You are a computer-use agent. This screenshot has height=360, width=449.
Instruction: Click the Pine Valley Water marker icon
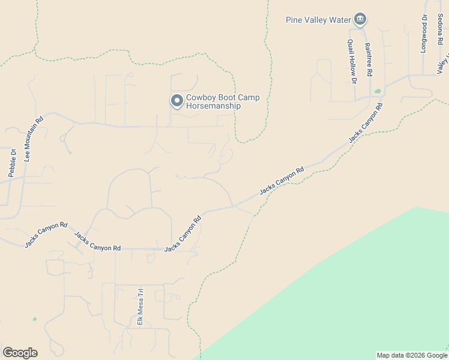(x=360, y=20)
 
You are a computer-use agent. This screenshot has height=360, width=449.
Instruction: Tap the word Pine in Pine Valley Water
(x=294, y=20)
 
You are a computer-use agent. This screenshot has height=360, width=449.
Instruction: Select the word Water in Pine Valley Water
(x=339, y=20)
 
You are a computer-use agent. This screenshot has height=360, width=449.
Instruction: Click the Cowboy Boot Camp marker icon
(x=176, y=101)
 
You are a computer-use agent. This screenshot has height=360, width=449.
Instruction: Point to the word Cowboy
(x=200, y=98)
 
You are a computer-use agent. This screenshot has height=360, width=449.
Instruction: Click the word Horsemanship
(x=213, y=106)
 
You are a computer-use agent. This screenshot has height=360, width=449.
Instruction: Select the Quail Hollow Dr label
(x=352, y=61)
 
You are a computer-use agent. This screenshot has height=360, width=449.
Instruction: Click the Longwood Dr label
(x=423, y=35)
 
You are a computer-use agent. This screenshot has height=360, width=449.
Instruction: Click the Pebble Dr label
(x=11, y=163)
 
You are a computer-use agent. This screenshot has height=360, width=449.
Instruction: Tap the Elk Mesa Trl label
(x=140, y=307)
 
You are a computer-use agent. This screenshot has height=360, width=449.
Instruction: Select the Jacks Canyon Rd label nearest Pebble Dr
(x=46, y=235)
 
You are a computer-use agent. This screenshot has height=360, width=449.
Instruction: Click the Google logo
(x=20, y=353)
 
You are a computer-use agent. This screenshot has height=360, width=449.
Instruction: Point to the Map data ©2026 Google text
(x=411, y=355)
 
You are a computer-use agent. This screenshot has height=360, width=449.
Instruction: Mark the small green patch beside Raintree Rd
(x=378, y=92)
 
